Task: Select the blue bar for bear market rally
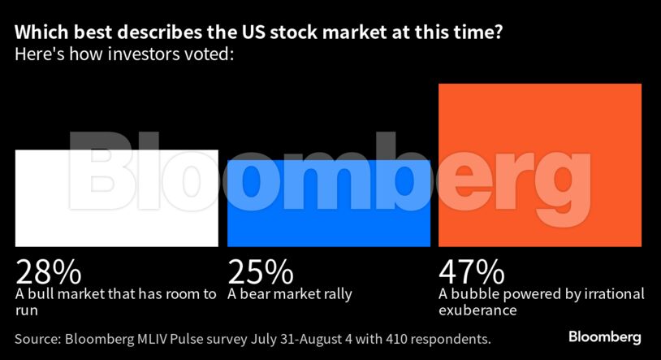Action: point(329,203)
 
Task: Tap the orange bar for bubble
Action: point(540,164)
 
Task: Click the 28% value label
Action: point(46,271)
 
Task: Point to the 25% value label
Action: point(260,271)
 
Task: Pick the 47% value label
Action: point(471,271)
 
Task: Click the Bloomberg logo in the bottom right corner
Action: point(605,336)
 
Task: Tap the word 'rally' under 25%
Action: point(335,294)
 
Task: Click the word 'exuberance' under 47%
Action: point(478,310)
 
